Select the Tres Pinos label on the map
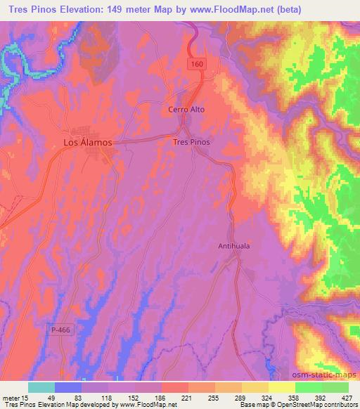(191, 141)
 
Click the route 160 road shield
(199, 64)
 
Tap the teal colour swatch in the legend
(41, 387)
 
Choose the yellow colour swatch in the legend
(281, 387)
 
